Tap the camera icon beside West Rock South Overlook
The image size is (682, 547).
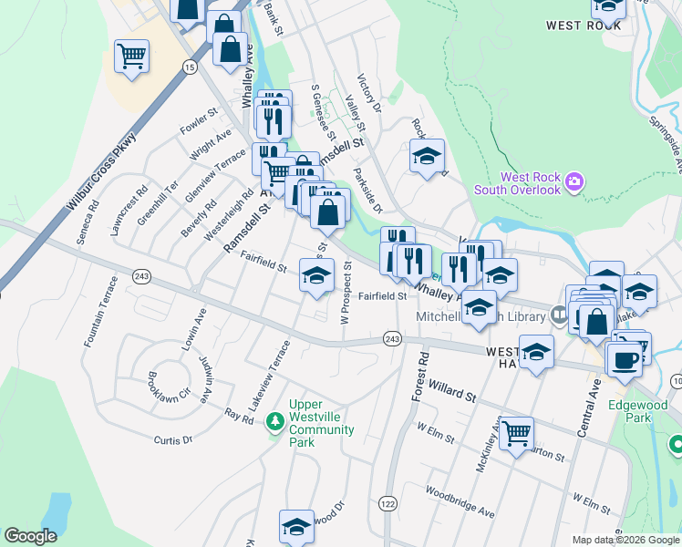coord(574,182)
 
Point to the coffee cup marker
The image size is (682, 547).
coord(625,357)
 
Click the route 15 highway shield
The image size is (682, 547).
coord(189,67)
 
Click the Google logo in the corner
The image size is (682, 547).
coord(30,536)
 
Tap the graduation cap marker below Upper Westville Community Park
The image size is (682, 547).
coord(296,526)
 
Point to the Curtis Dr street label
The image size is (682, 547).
coord(173,440)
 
